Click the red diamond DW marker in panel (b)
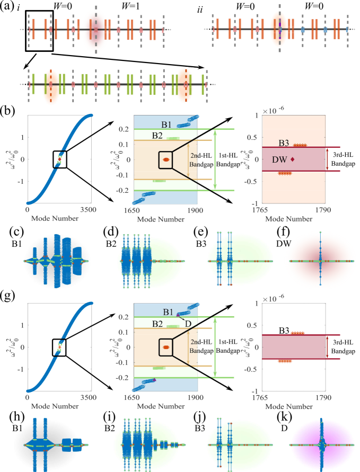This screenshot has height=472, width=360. [x=293, y=159]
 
